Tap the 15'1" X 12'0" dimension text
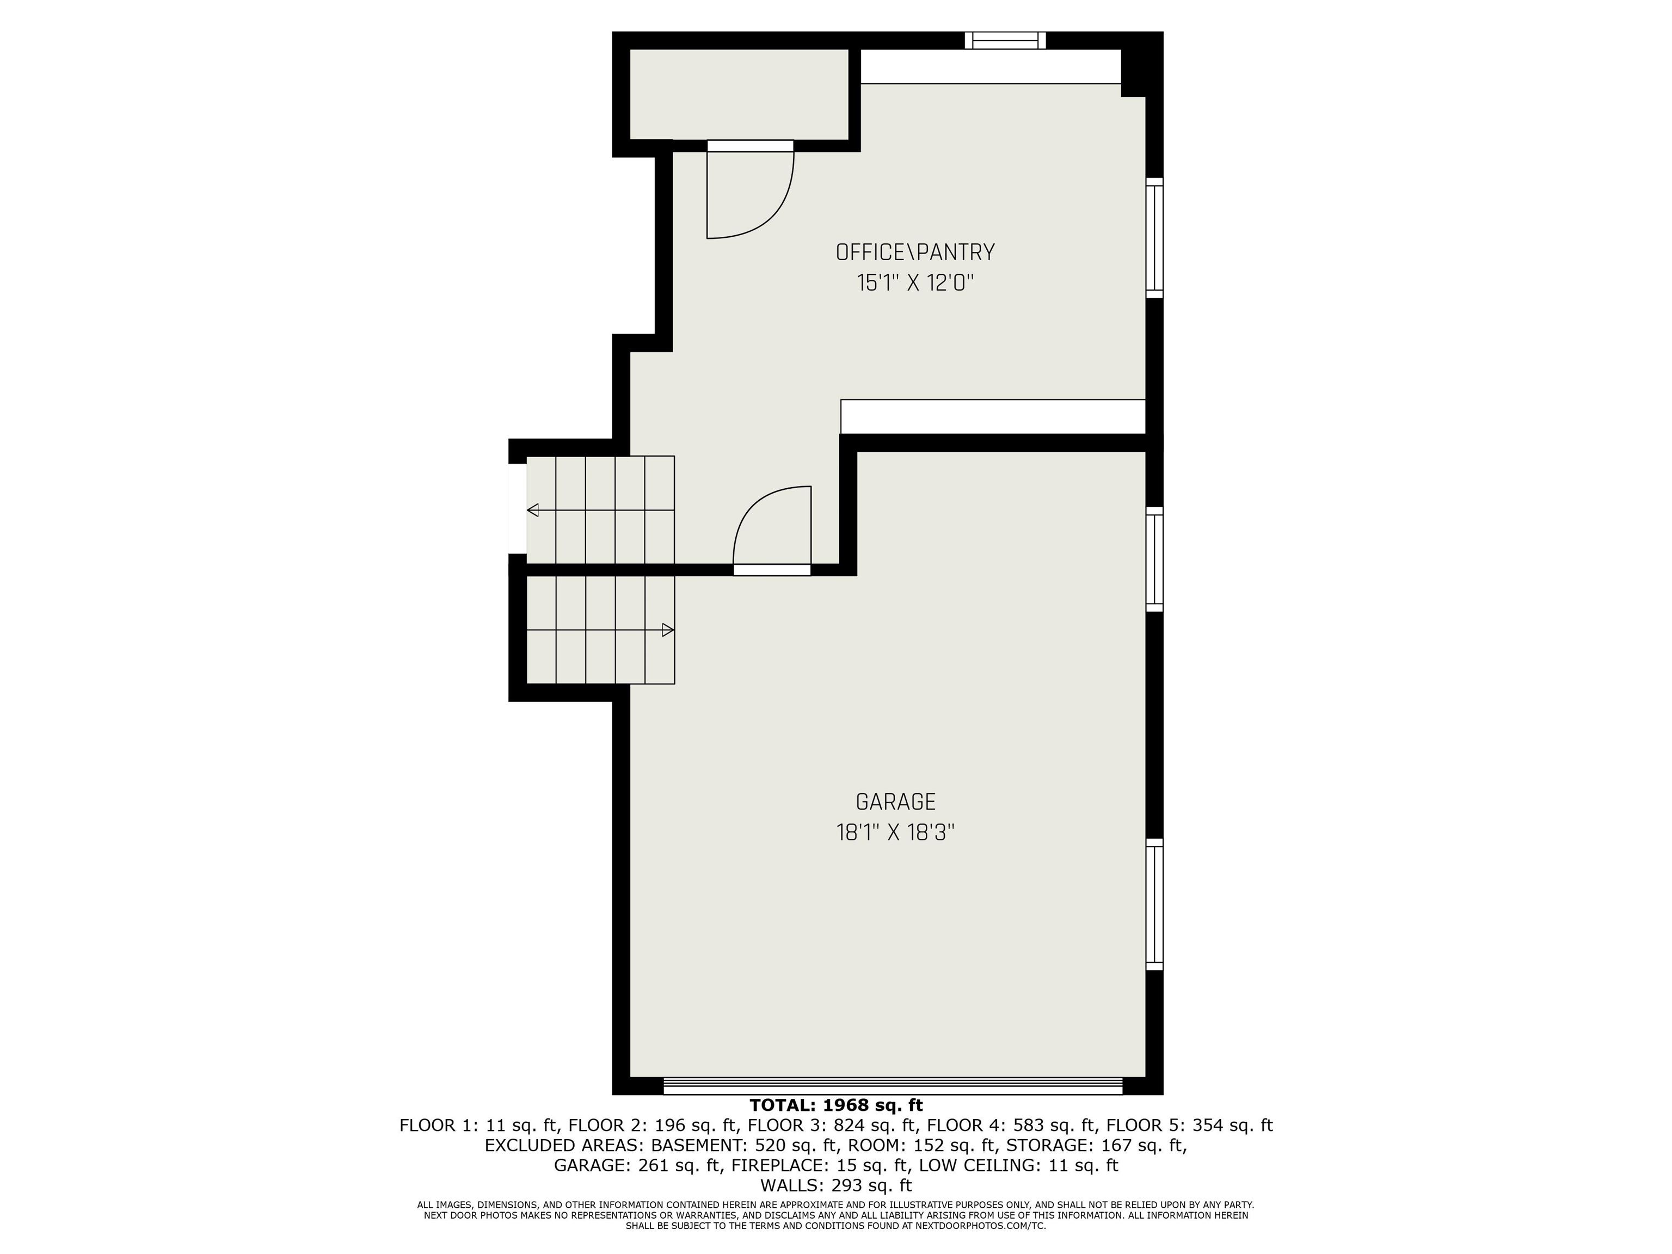click(x=914, y=284)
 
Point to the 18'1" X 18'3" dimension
click(x=896, y=833)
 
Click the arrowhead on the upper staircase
click(x=533, y=510)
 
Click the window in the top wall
click(x=1005, y=40)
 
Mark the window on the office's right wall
click(x=1154, y=238)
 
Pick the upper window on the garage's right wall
click(x=1154, y=560)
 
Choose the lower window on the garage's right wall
click(x=1154, y=904)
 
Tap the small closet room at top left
click(x=739, y=95)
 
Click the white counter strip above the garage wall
click(x=993, y=416)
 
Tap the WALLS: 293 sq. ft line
click(x=836, y=1185)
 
